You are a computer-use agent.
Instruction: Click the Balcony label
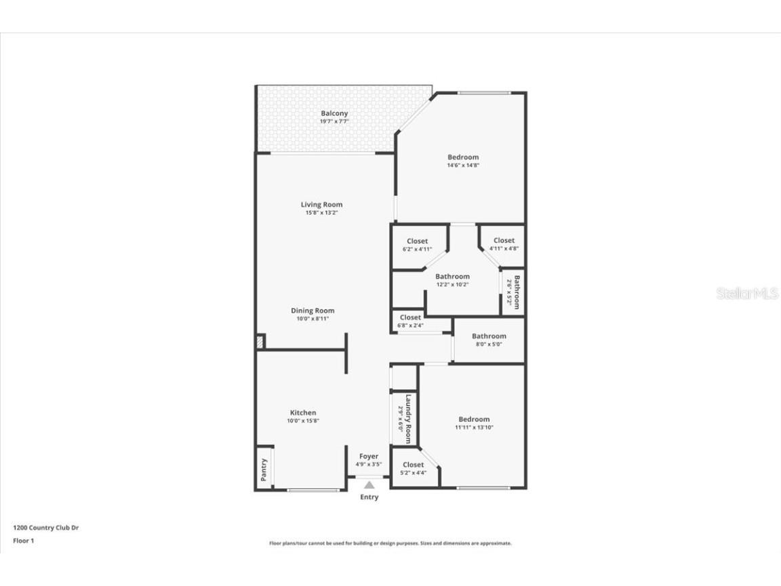click(x=334, y=113)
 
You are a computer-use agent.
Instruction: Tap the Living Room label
click(x=321, y=205)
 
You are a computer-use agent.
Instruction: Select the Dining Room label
click(x=313, y=311)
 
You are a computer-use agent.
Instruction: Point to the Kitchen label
click(x=303, y=412)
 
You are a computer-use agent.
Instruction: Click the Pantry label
click(x=264, y=468)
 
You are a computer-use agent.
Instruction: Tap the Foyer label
click(x=369, y=456)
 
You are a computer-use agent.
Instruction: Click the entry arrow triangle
click(x=369, y=485)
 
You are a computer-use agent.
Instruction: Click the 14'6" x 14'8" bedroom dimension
click(x=462, y=165)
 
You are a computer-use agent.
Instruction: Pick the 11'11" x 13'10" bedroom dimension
click(x=473, y=428)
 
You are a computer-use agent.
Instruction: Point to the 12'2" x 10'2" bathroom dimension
click(x=452, y=285)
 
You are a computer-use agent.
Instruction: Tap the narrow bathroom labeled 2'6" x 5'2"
click(x=517, y=292)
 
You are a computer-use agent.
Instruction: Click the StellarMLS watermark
click(x=747, y=293)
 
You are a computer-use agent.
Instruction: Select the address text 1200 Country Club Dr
click(x=46, y=527)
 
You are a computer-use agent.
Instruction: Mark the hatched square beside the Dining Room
click(x=260, y=342)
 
